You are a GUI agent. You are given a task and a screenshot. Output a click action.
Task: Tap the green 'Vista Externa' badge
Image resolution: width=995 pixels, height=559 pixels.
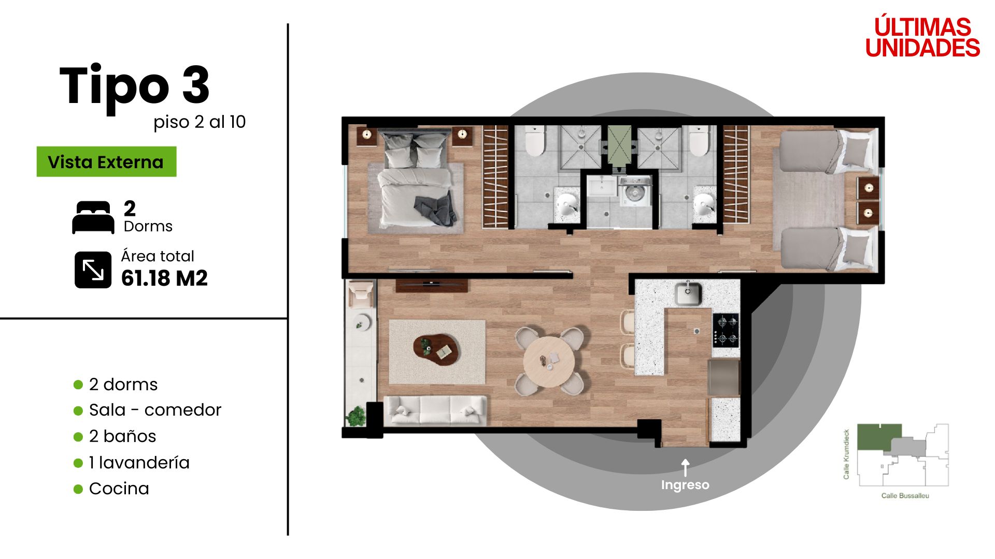click(x=106, y=161)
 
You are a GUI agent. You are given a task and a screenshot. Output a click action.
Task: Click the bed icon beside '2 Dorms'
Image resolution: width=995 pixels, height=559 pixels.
click(x=93, y=217)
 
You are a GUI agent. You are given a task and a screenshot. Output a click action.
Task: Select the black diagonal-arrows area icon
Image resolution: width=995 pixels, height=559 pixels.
click(x=93, y=270)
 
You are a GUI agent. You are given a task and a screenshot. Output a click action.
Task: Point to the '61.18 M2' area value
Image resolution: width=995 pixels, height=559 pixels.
click(x=164, y=278)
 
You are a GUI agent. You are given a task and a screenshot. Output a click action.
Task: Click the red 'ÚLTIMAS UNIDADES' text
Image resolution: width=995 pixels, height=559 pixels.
click(x=922, y=37)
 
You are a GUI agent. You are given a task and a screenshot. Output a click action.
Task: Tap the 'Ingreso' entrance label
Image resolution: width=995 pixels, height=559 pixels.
click(x=685, y=485)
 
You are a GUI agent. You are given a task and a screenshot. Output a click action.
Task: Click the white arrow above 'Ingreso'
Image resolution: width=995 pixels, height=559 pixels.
click(x=685, y=467)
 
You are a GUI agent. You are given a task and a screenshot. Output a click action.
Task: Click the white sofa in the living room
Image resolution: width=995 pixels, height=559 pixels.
click(x=435, y=411)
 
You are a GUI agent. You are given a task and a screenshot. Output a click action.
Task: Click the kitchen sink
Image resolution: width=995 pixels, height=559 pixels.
click(x=688, y=293)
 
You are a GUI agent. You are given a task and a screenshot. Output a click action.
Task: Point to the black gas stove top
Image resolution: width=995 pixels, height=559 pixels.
click(x=726, y=330)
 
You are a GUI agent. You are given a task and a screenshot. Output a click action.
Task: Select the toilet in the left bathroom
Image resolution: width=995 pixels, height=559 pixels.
click(x=535, y=141)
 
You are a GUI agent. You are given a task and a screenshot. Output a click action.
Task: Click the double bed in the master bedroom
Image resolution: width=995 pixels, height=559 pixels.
click(x=415, y=179)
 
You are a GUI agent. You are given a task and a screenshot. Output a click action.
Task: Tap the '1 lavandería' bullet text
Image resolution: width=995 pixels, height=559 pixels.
click(x=139, y=462)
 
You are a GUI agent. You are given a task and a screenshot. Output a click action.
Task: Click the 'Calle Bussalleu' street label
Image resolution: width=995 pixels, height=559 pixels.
click(x=905, y=496)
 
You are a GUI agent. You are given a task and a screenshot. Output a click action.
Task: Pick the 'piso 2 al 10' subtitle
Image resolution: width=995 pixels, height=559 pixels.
click(x=200, y=122)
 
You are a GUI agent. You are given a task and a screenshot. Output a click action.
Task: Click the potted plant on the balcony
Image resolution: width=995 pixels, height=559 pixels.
click(x=357, y=416)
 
